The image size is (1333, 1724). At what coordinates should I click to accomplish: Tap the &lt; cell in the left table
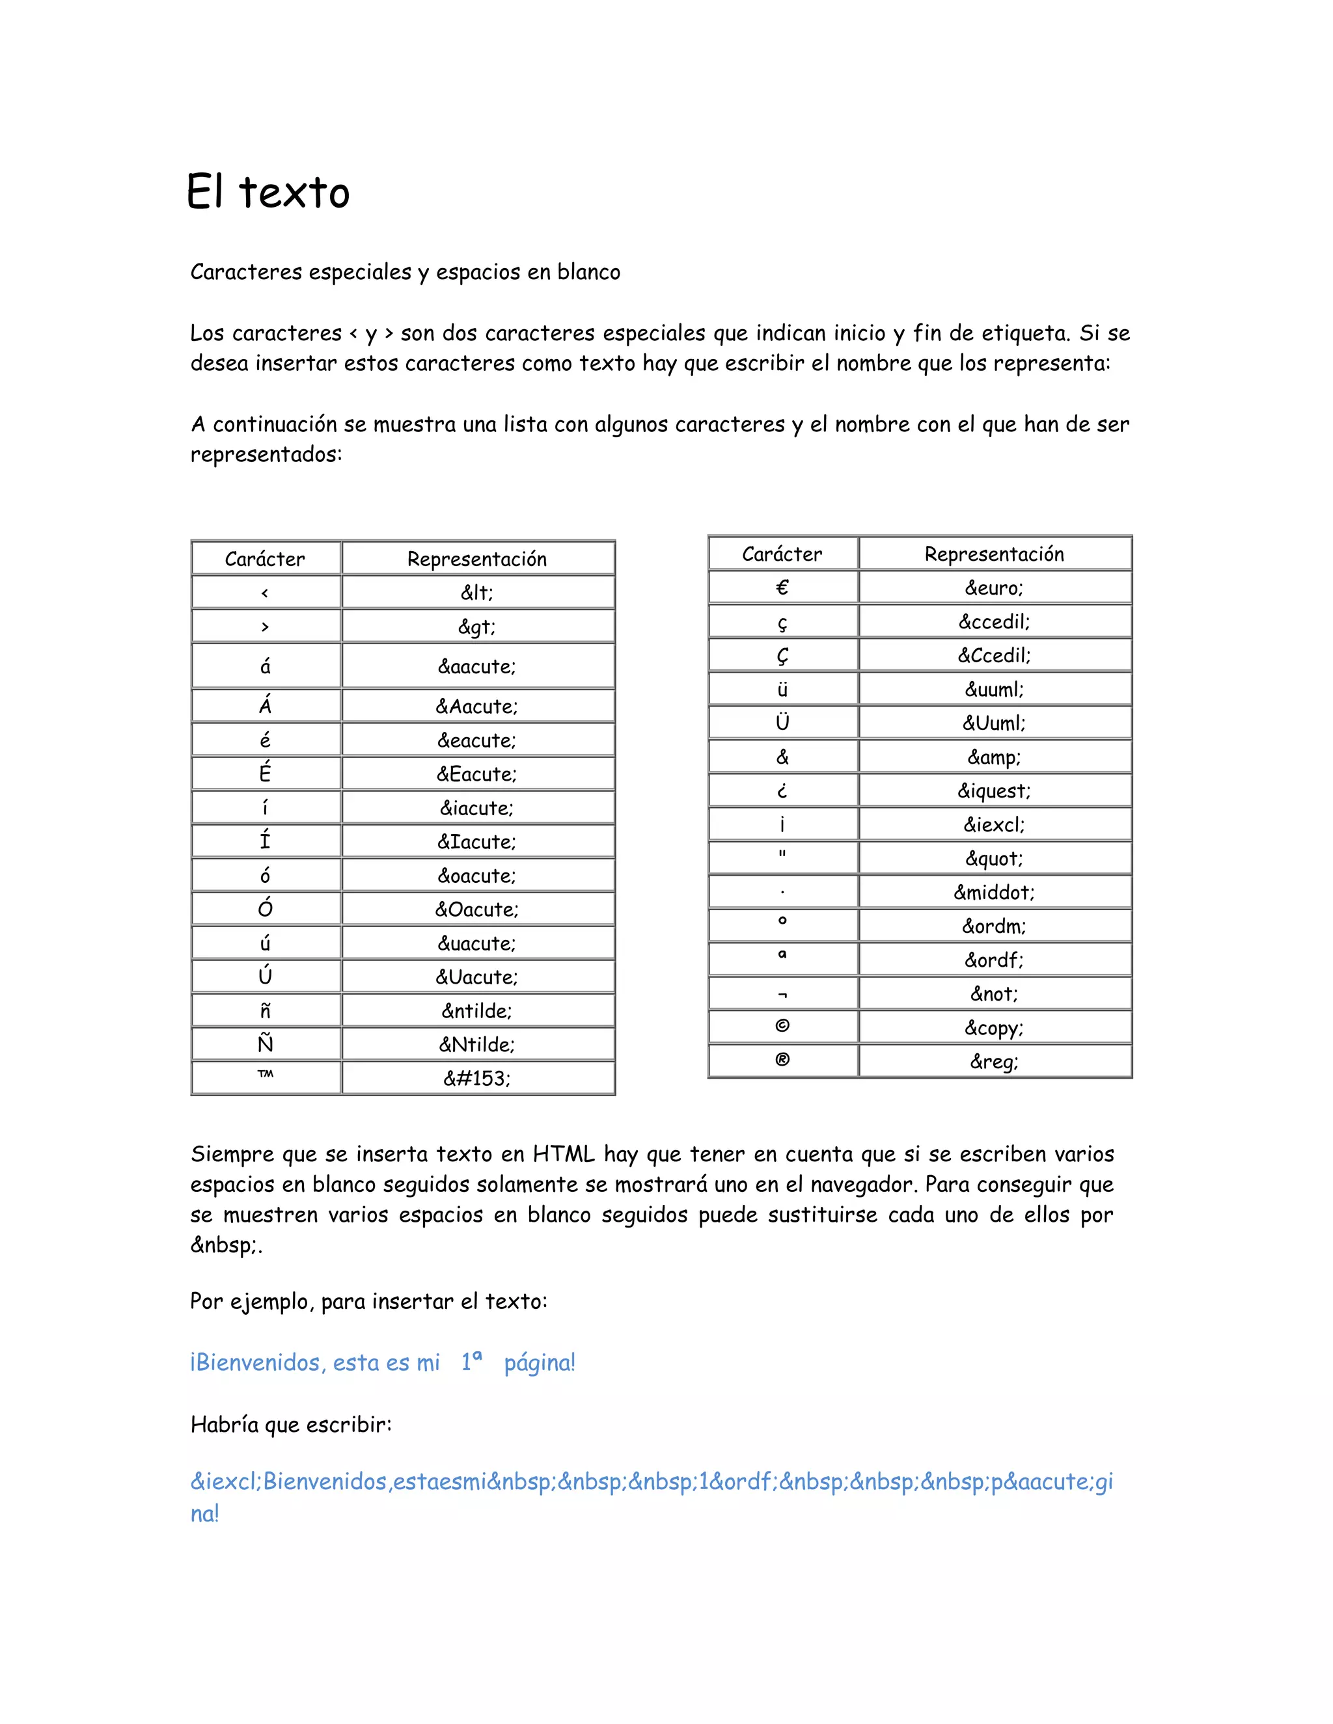click(477, 592)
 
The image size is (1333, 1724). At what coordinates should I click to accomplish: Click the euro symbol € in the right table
click(782, 587)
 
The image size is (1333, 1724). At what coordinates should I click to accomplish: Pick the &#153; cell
click(477, 1078)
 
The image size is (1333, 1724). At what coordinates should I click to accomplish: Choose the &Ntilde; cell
click(477, 1044)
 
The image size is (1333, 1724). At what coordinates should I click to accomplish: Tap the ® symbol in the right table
click(782, 1060)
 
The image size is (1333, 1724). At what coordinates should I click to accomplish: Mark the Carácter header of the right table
click(782, 554)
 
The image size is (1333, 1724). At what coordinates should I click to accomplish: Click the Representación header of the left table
click(477, 559)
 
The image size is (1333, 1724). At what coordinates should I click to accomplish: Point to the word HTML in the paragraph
click(563, 1154)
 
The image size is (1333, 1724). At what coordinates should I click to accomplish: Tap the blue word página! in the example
click(540, 1362)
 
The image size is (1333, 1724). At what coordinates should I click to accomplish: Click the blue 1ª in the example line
click(471, 1361)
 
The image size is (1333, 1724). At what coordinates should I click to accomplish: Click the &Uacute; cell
click(477, 977)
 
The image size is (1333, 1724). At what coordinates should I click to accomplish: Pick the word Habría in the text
click(225, 1424)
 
